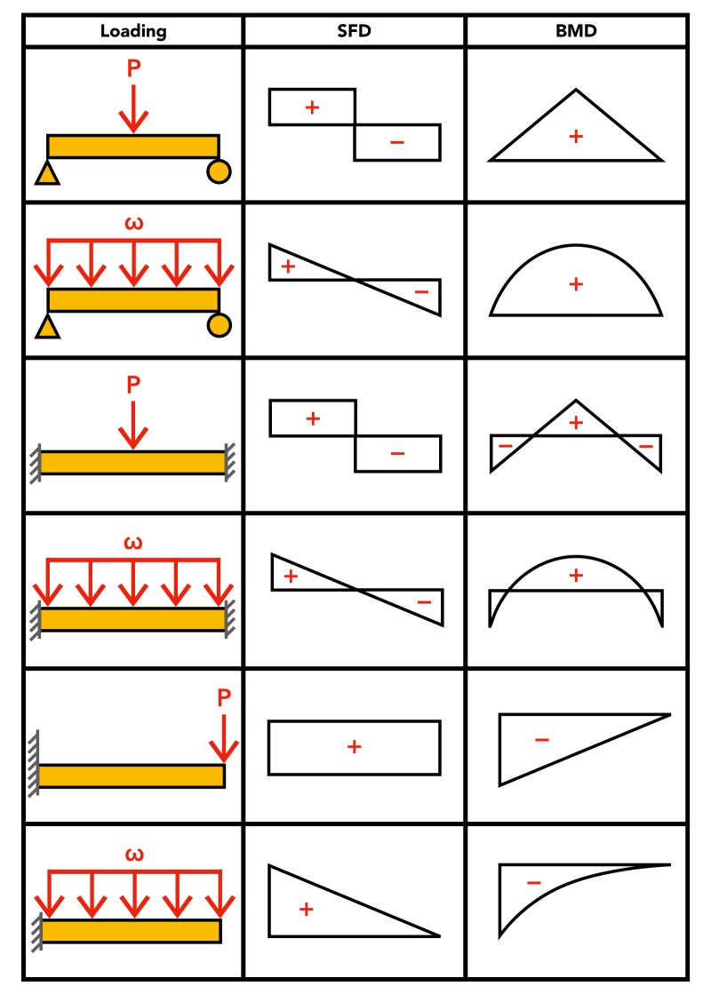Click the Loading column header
click(x=133, y=31)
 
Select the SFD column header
click(x=354, y=31)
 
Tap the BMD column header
click(x=576, y=31)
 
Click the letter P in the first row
click(x=133, y=68)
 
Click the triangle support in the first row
click(x=47, y=173)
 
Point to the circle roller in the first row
click(x=219, y=171)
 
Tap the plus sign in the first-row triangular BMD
click(x=576, y=136)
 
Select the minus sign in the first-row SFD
click(x=397, y=142)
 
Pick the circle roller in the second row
click(x=219, y=326)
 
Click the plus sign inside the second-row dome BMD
click(x=576, y=284)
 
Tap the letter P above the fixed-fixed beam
click(x=133, y=385)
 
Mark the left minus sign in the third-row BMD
click(x=505, y=446)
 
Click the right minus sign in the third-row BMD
click(x=646, y=446)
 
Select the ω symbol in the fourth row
click(x=133, y=543)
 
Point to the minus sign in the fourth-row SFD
click(x=424, y=603)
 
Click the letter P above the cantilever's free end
click(x=224, y=698)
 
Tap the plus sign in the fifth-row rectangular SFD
click(x=354, y=747)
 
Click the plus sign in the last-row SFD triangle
click(x=307, y=909)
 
